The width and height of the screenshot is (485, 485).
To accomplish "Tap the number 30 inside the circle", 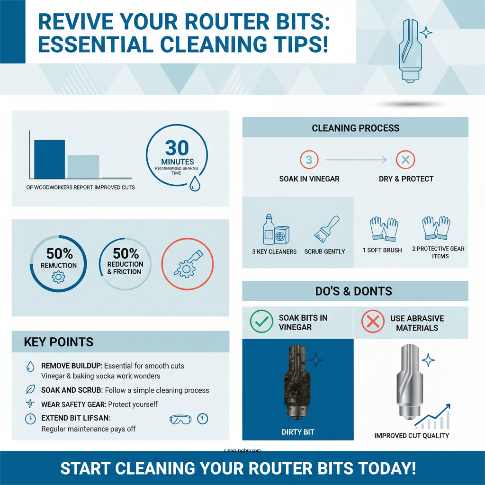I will tap(177, 148).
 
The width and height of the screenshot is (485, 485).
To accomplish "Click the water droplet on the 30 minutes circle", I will tap(194, 184).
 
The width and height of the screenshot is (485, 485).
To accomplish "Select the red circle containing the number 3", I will tap(309, 160).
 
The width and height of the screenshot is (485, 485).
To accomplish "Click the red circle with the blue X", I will tap(405, 160).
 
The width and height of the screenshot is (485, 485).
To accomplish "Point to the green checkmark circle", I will tap(261, 322).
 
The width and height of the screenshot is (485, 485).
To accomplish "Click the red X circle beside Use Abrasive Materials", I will tap(373, 322).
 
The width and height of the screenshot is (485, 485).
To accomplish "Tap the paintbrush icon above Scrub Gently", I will tap(326, 230).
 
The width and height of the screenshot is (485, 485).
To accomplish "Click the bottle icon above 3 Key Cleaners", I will tap(269, 230).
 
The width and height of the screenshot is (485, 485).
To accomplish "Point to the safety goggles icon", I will tap(181, 419).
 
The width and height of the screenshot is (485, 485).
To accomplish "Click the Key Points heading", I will tap(59, 342).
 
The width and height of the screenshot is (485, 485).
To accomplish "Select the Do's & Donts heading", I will tap(354, 291).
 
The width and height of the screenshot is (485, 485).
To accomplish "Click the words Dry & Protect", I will tap(406, 179).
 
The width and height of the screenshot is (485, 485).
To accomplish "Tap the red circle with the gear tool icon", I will tap(187, 264).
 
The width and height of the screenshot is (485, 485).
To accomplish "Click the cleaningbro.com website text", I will tap(242, 451).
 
